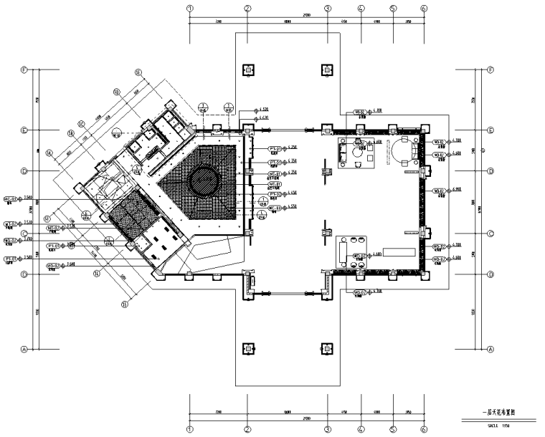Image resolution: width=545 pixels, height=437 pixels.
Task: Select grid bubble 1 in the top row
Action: click(x=190, y=9)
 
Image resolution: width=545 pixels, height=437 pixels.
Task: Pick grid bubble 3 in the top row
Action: click(x=327, y=9)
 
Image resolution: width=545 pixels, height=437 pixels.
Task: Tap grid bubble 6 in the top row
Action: click(x=425, y=9)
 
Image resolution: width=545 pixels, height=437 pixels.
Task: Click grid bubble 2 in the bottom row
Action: click(x=247, y=431)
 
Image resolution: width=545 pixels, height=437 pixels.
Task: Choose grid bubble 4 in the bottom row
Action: click(x=361, y=431)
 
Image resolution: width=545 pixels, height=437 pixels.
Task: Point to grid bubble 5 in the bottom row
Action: click(x=393, y=431)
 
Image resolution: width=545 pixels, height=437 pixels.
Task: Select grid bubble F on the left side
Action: click(x=24, y=71)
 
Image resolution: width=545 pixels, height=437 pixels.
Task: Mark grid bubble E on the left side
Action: click(x=24, y=131)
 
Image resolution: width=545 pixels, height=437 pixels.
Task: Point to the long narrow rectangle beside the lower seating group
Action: click(x=399, y=252)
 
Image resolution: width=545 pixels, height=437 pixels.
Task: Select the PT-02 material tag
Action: click(x=273, y=194)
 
